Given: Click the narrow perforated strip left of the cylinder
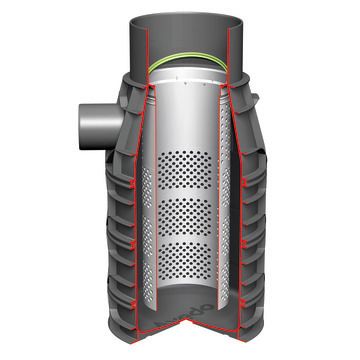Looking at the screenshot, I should [x=147, y=220].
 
